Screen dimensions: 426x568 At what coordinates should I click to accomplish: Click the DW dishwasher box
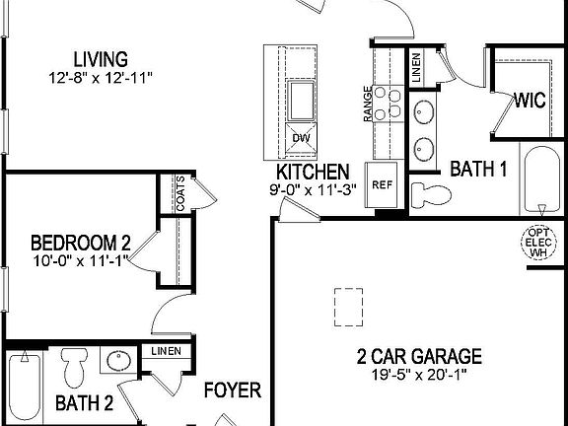coord(301,136)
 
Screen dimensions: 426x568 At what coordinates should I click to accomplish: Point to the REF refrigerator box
coord(382,184)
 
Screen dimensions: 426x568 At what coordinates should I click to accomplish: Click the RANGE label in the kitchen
coord(368,104)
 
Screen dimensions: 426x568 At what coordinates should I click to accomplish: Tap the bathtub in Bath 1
coord(541,180)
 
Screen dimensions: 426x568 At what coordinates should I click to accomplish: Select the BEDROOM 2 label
coord(80,243)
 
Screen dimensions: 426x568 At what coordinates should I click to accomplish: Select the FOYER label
coord(232,390)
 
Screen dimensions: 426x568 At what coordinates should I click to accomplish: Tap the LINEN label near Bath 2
coord(165,351)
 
